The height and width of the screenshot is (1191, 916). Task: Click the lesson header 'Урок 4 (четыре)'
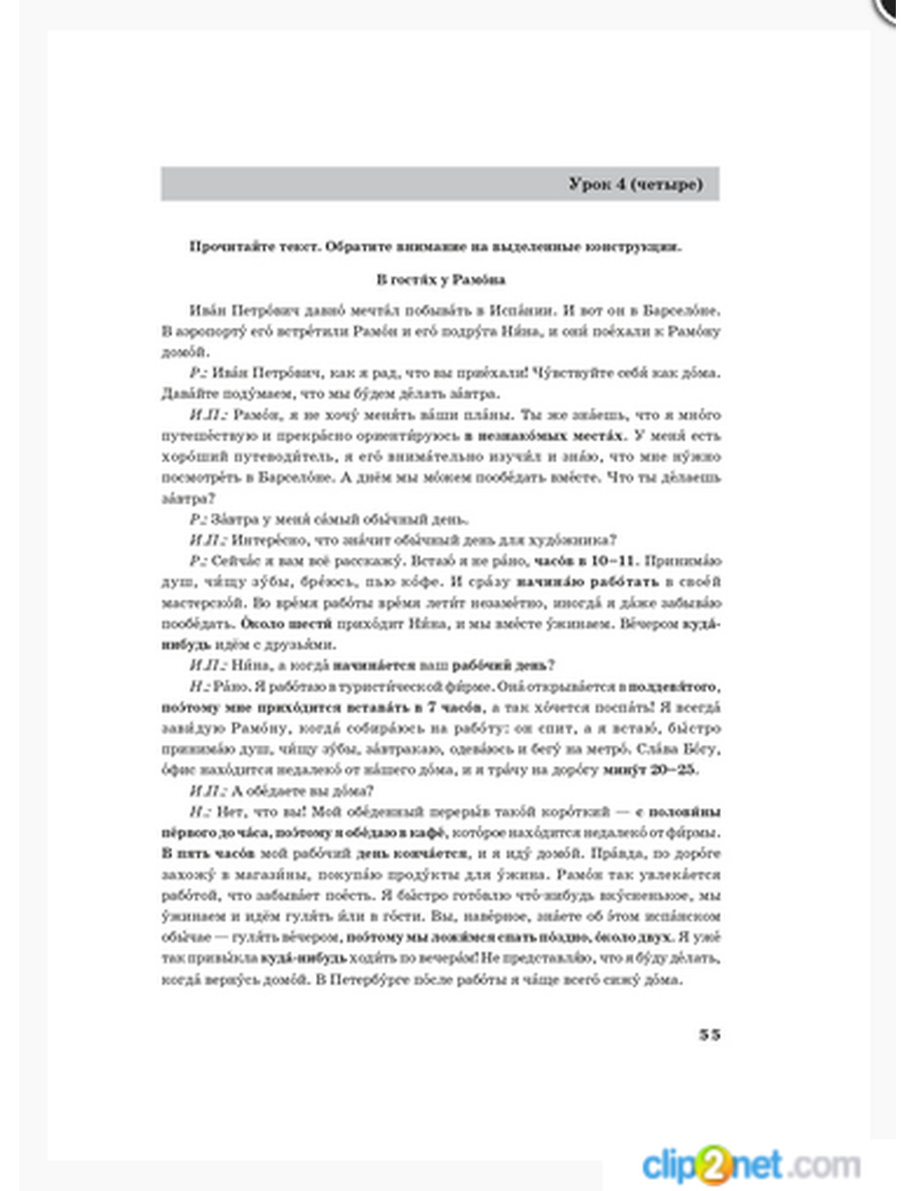[635, 184]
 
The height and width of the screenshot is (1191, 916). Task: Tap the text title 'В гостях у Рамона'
[441, 279]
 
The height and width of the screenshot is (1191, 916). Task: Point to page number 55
[709, 1034]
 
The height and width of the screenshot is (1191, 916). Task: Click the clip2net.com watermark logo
[750, 1165]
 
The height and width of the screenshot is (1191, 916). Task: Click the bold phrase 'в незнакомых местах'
[545, 435]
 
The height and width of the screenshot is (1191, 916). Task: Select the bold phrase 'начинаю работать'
[587, 582]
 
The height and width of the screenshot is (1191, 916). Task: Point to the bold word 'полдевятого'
[673, 686]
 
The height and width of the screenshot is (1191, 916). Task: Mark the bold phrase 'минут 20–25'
[649, 770]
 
